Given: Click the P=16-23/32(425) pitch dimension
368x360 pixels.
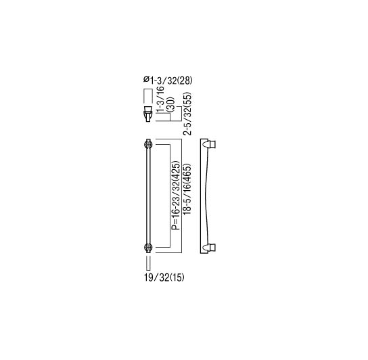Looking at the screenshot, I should point(174,196).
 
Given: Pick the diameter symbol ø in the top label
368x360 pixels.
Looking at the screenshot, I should point(147,80).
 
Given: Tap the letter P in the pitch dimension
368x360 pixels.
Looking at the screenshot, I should point(174,229).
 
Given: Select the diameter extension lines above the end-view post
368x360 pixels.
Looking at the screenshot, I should point(147,93).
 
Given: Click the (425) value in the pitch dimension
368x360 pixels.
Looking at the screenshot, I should point(174,172).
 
